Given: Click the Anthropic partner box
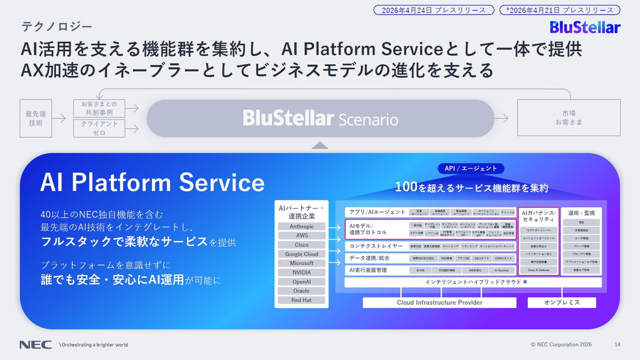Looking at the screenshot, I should tap(301, 226).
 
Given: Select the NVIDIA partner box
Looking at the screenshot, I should tap(301, 272).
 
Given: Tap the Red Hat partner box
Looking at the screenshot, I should tap(301, 300).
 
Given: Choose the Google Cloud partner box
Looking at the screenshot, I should tap(301, 254).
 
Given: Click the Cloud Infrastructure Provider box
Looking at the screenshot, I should tap(439, 302).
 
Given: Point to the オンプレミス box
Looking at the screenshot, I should tap(562, 302).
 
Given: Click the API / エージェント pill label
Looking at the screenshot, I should tap(470, 169).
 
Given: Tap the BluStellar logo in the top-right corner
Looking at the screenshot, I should tap(585, 27).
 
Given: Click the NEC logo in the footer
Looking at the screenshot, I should tap(35, 345).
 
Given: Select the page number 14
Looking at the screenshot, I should tap(617, 345).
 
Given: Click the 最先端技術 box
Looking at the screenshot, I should tap(36, 118).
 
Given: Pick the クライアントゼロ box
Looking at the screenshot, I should tap(99, 128).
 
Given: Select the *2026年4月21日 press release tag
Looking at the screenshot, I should tap(559, 10).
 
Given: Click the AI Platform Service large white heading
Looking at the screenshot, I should tap(153, 182).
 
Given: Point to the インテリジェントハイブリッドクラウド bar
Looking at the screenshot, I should tap(473, 282).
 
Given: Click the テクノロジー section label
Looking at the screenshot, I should tap(57, 26).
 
